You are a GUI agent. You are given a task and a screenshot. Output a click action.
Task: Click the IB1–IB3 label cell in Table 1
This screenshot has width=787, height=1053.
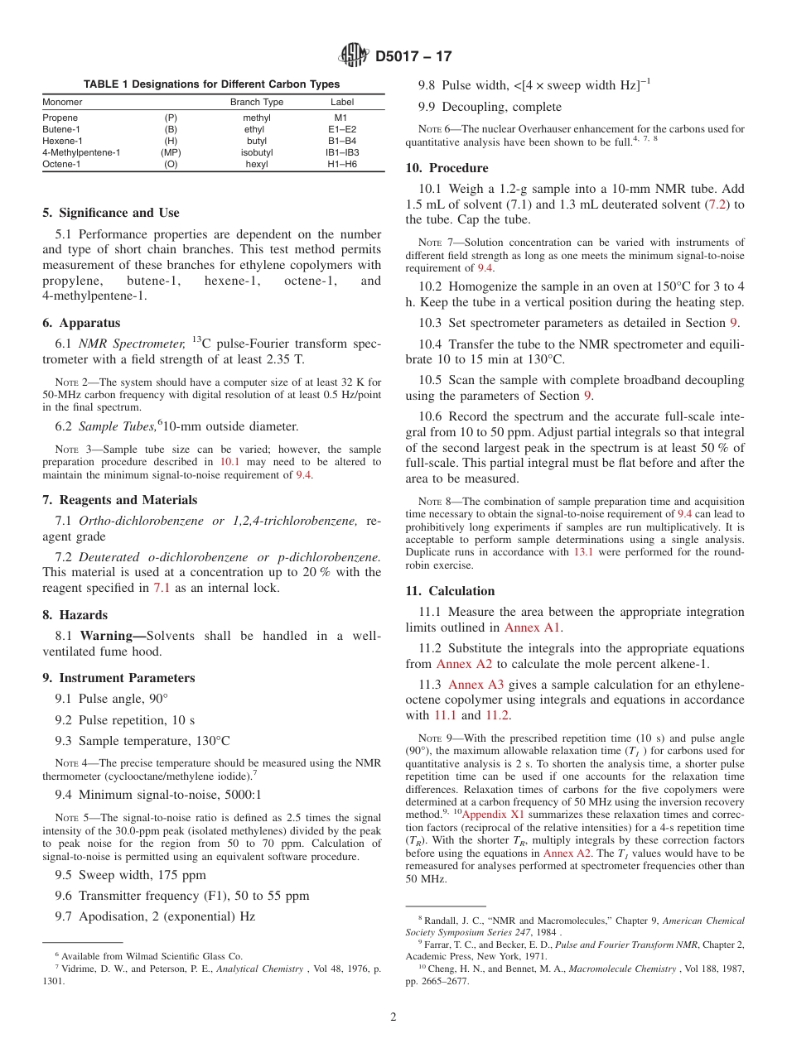click(342, 152)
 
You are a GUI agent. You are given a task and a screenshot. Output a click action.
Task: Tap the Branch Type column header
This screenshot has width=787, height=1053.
click(257, 102)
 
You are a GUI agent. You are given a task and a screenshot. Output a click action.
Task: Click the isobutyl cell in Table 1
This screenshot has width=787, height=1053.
click(257, 152)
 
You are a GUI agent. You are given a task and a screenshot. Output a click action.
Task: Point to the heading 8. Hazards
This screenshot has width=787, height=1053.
click(75, 615)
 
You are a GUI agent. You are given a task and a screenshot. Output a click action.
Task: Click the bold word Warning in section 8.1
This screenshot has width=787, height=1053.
click(111, 636)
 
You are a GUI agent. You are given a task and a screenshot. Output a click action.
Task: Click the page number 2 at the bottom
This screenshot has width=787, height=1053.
click(393, 1017)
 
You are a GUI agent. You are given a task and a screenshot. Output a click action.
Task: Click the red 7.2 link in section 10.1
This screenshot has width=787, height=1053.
click(717, 204)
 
